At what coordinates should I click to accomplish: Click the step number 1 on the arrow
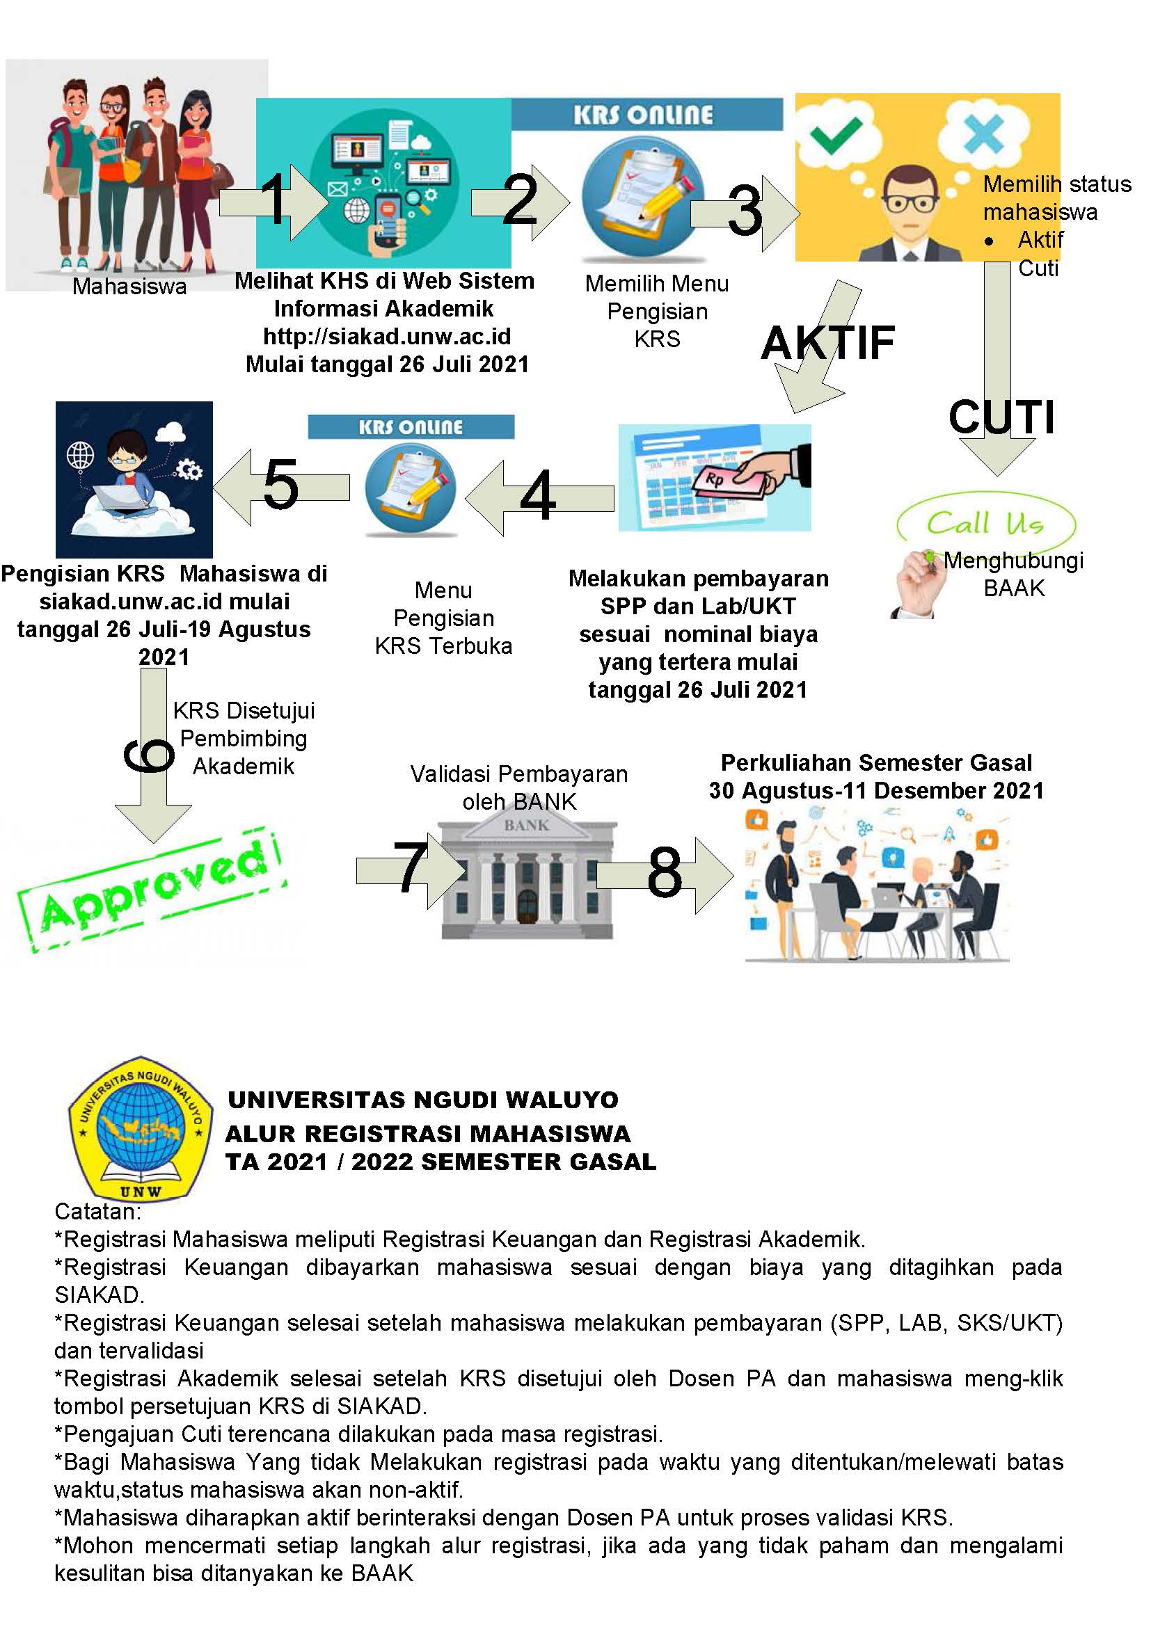tap(274, 199)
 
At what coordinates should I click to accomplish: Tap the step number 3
tap(744, 211)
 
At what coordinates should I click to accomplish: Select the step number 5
tap(280, 484)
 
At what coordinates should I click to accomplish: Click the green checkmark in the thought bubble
tap(836, 134)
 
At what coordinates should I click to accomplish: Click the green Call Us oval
tap(986, 524)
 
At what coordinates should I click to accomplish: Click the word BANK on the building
tap(526, 826)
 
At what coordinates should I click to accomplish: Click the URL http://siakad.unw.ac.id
tap(387, 336)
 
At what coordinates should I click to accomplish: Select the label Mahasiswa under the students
tap(129, 287)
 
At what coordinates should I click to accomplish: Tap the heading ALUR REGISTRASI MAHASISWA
tap(427, 1134)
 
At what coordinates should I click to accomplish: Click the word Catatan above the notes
tap(98, 1212)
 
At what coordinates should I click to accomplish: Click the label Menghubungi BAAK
tap(1013, 574)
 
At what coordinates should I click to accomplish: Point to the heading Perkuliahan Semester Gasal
tap(876, 762)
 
